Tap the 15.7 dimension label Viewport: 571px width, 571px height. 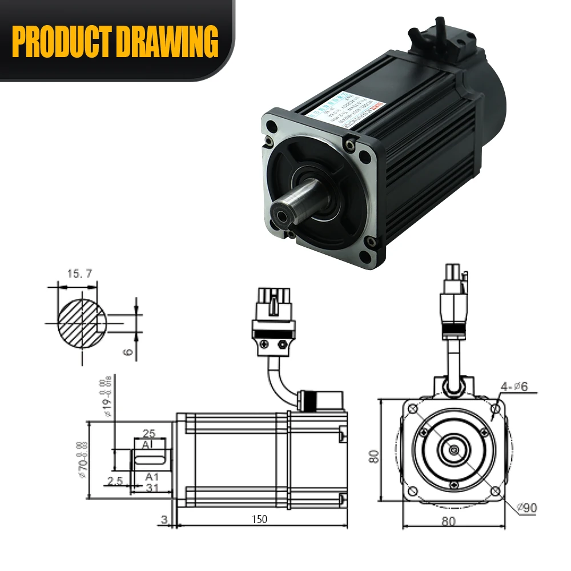79,274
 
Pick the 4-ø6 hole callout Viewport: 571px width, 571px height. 516,387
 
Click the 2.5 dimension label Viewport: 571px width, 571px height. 115,481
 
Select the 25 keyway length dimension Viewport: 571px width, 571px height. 150,433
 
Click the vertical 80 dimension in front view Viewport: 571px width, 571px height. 375,457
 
